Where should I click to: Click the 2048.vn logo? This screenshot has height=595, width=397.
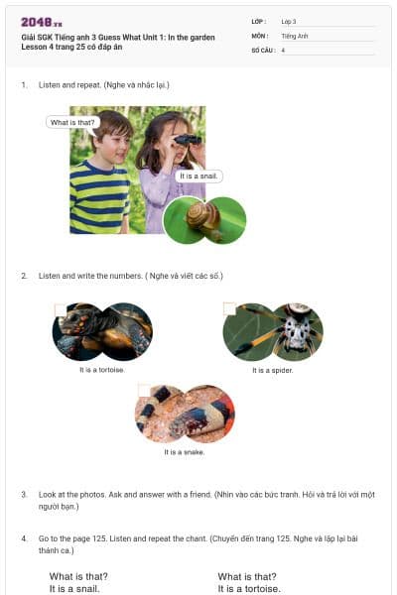(x=42, y=22)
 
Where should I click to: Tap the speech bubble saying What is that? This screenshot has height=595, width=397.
(x=72, y=123)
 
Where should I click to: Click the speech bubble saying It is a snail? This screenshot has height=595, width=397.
(x=198, y=177)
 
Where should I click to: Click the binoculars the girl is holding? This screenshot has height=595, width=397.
(x=186, y=143)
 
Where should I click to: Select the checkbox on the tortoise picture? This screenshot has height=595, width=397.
(x=61, y=310)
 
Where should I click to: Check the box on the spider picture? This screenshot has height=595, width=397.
(x=230, y=309)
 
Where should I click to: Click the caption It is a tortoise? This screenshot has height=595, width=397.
(x=102, y=370)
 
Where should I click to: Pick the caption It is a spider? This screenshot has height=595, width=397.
(x=273, y=370)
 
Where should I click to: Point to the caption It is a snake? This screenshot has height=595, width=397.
(x=185, y=452)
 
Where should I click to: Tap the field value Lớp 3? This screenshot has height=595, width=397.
(x=289, y=21)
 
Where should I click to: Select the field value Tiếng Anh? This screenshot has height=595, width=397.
(x=295, y=36)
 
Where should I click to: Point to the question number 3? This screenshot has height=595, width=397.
(x=24, y=494)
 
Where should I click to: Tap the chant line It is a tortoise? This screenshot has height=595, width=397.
(x=249, y=588)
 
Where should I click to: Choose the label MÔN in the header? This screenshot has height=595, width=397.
(x=260, y=36)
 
